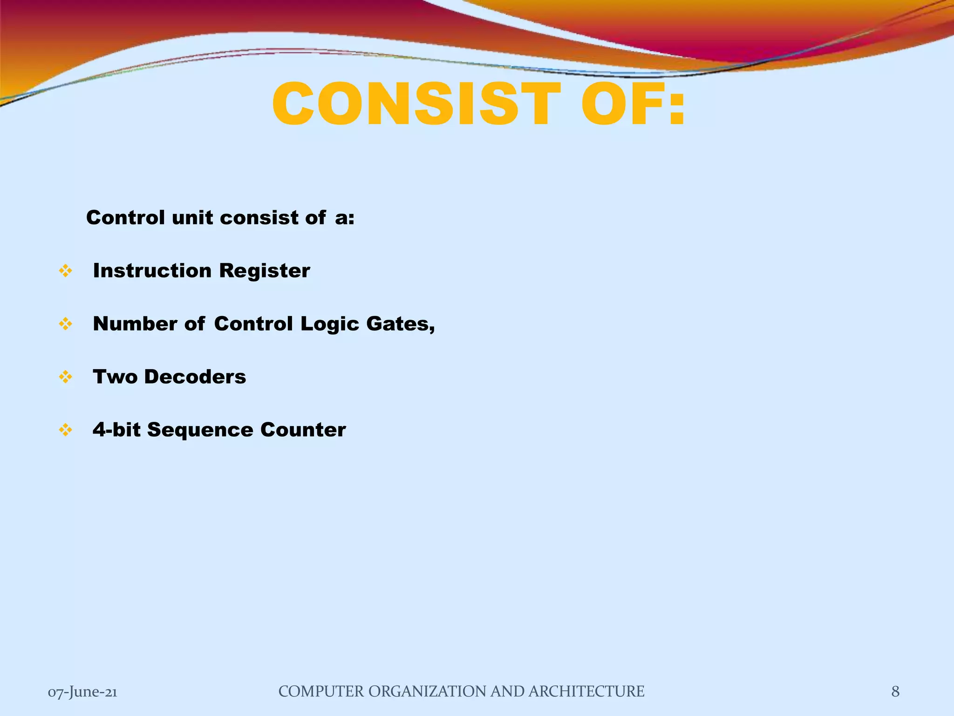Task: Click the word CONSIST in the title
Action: pos(417,104)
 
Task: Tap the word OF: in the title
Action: pos(633,104)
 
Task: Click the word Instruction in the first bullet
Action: pos(152,271)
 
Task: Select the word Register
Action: pos(264,271)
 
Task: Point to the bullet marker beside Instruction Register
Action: pos(66,271)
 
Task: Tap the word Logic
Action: pos(329,324)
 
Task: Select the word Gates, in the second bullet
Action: pos(401,324)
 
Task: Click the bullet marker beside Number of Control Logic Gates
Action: pos(66,324)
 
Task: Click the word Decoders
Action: pos(195,377)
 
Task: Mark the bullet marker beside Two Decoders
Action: pos(66,377)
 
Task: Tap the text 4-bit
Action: pos(116,430)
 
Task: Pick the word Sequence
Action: pos(200,430)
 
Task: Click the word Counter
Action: pos(303,430)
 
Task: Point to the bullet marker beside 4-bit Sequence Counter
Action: pos(66,430)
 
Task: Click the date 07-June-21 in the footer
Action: pos(82,692)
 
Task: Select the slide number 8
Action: pos(895,691)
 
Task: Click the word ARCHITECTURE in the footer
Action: pos(586,691)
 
